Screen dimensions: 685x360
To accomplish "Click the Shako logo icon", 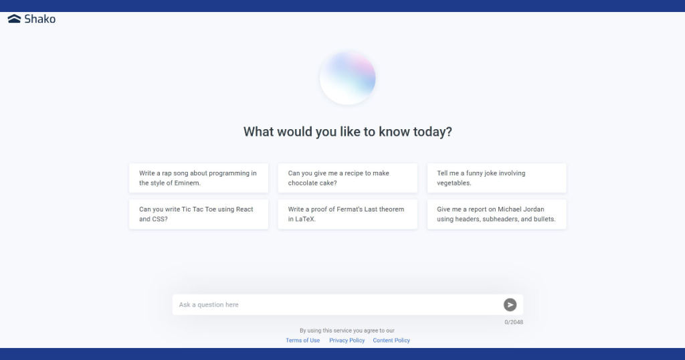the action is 15,18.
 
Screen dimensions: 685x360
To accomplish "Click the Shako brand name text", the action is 39,19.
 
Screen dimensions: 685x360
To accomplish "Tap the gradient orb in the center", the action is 348,78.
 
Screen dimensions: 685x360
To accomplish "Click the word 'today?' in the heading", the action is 433,132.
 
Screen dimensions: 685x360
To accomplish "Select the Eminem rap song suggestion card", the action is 199,178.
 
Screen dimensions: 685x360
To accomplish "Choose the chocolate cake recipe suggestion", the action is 348,178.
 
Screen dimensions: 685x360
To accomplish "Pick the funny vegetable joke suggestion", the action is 497,178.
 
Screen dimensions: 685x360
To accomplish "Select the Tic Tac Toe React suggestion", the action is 199,214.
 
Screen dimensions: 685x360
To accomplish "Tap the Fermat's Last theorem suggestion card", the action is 348,214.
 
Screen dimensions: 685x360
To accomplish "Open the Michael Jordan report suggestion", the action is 497,214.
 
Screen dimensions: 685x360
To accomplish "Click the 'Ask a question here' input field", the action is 336,304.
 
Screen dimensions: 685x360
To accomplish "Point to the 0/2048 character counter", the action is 514,323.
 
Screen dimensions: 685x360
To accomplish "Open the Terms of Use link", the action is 303,341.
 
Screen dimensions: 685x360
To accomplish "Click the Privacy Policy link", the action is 347,341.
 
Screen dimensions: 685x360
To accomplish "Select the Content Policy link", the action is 391,341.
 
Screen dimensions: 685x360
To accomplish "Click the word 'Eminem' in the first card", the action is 187,183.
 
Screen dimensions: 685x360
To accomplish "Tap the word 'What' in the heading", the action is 258,132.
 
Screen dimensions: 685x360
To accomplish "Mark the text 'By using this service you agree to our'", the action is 347,331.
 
